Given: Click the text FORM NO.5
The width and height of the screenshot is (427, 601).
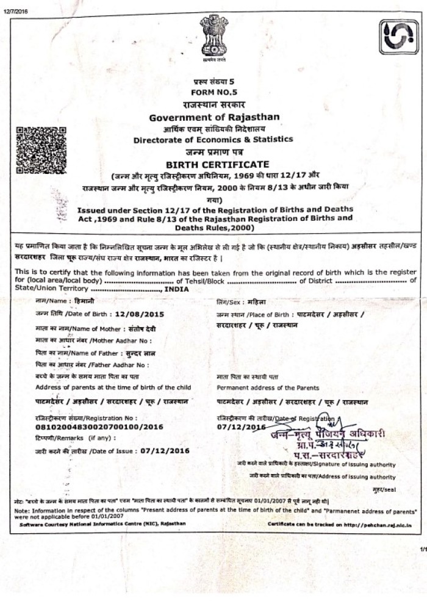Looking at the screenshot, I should (x=213, y=92).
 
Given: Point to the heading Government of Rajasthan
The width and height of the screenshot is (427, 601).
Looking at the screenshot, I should (x=214, y=117).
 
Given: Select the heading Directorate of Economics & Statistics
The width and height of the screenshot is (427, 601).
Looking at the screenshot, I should (x=213, y=139).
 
